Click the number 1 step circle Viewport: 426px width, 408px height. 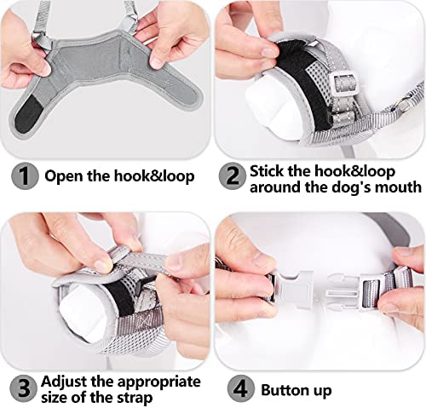click(x=25, y=176)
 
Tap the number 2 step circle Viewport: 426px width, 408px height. click(x=233, y=176)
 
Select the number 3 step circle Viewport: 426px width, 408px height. click(x=24, y=388)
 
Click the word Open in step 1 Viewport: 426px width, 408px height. click(x=64, y=176)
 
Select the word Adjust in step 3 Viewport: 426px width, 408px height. click(x=65, y=382)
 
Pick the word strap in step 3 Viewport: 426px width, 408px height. click(x=135, y=398)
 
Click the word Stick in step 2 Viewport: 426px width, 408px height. click(x=267, y=171)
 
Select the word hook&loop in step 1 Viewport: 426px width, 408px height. click(x=154, y=176)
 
